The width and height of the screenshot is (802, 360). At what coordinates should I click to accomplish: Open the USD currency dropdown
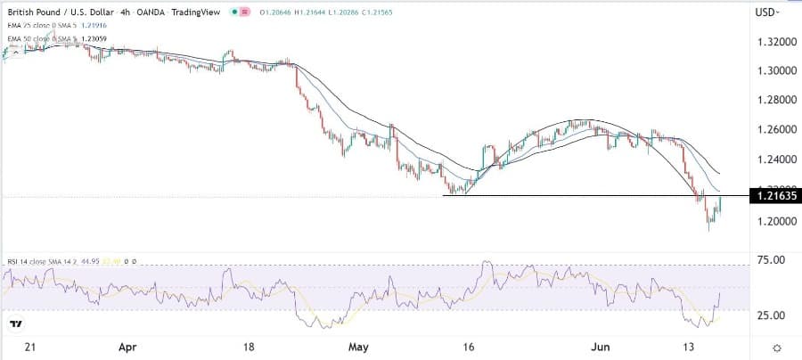pyautogui.click(x=767, y=12)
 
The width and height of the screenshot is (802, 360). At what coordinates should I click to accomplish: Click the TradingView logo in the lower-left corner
pyautogui.click(x=16, y=323)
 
